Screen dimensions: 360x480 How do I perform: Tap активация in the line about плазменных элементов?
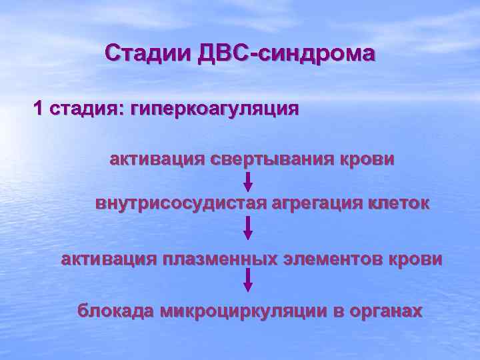tap(109, 259)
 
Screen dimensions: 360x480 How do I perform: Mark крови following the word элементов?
tap(415, 259)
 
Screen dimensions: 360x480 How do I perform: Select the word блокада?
tap(116, 311)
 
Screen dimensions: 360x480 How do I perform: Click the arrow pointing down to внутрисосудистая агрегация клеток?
tap(248, 182)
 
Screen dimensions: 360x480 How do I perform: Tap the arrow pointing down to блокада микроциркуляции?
tap(248, 279)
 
